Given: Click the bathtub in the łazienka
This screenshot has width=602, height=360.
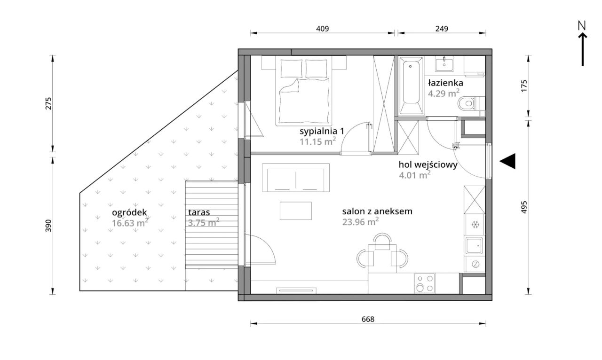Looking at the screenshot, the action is click(x=411, y=86).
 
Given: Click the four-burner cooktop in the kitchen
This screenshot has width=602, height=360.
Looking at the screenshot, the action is click(x=424, y=283).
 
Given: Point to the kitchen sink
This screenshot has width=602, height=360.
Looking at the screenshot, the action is click(x=475, y=245).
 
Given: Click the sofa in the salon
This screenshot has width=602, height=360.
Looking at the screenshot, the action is click(x=296, y=178).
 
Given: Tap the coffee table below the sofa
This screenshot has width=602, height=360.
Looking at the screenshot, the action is click(x=296, y=211).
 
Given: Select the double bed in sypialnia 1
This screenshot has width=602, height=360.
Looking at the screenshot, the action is click(x=304, y=91).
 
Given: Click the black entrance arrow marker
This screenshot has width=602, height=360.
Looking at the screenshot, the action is click(x=507, y=161).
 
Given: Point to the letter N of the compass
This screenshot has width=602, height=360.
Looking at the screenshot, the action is click(x=582, y=26).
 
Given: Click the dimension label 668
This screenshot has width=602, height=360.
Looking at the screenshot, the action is click(x=368, y=319).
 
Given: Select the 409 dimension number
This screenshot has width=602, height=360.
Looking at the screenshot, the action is click(x=322, y=29).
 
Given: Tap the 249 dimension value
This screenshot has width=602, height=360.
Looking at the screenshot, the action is click(x=442, y=29).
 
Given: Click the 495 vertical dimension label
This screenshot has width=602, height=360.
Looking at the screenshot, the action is click(x=524, y=207).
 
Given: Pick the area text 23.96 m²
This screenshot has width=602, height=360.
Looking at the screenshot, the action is click(x=360, y=222).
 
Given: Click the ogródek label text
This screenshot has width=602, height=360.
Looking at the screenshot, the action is click(x=129, y=213).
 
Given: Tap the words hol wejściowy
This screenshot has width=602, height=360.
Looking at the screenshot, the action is click(x=428, y=164).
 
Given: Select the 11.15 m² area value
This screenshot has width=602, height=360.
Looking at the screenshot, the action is click(x=317, y=141).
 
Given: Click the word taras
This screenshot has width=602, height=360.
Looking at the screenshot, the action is click(x=199, y=212).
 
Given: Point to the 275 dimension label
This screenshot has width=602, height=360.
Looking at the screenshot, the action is click(x=48, y=103).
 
